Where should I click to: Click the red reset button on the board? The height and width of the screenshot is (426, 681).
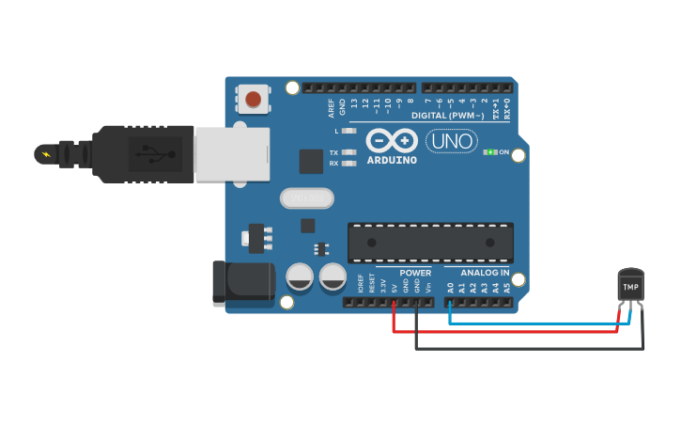[253, 99]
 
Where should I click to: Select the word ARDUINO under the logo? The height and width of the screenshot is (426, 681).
[391, 160]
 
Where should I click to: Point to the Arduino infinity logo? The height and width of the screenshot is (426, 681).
[391, 141]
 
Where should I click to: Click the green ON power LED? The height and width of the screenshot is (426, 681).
[488, 152]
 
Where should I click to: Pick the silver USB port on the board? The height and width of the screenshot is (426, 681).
[231, 154]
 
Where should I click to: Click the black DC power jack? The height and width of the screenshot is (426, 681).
[242, 284]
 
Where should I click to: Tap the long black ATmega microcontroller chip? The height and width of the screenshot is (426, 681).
[430, 243]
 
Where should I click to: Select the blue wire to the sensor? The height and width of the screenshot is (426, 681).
[535, 323]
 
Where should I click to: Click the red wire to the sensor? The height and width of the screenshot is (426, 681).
[507, 331]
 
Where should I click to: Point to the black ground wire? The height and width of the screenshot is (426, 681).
[526, 349]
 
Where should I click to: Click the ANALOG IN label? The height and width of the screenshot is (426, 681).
[478, 274]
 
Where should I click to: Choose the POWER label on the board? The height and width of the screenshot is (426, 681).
[415, 274]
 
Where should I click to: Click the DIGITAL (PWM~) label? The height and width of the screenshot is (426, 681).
[456, 115]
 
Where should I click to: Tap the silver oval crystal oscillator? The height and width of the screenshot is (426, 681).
[306, 198]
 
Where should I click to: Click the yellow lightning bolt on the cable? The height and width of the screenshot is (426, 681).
[44, 152]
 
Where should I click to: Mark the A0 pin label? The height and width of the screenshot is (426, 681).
[450, 288]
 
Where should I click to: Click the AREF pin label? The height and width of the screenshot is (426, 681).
[331, 106]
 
